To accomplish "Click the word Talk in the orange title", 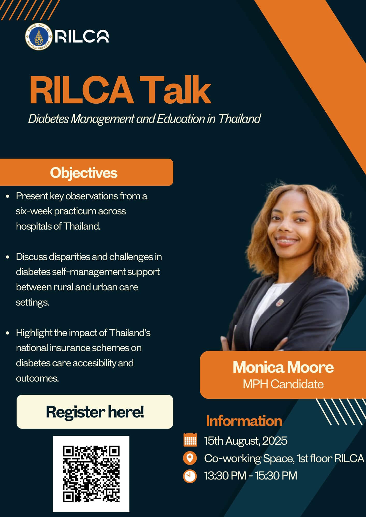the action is (x=175, y=90).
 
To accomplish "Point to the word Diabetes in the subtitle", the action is (x=48, y=119).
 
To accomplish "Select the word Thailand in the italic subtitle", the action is (x=239, y=119).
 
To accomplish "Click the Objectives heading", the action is (x=84, y=173).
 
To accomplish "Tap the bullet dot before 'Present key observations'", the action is (x=8, y=196).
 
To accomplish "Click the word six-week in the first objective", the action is (x=34, y=211).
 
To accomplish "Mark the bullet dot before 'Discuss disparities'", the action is (x=8, y=257).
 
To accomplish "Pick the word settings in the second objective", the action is (x=32, y=302).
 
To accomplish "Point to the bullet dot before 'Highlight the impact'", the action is (x=8, y=333).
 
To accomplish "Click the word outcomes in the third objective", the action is (x=37, y=378).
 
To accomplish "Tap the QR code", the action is (x=91, y=474).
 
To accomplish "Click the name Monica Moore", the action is (x=283, y=367).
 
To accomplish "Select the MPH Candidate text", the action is (x=283, y=384).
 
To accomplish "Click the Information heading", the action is (x=244, y=421).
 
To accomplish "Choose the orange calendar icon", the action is (x=190, y=440).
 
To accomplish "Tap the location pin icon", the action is (x=190, y=458).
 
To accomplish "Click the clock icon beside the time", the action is (x=190, y=476).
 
